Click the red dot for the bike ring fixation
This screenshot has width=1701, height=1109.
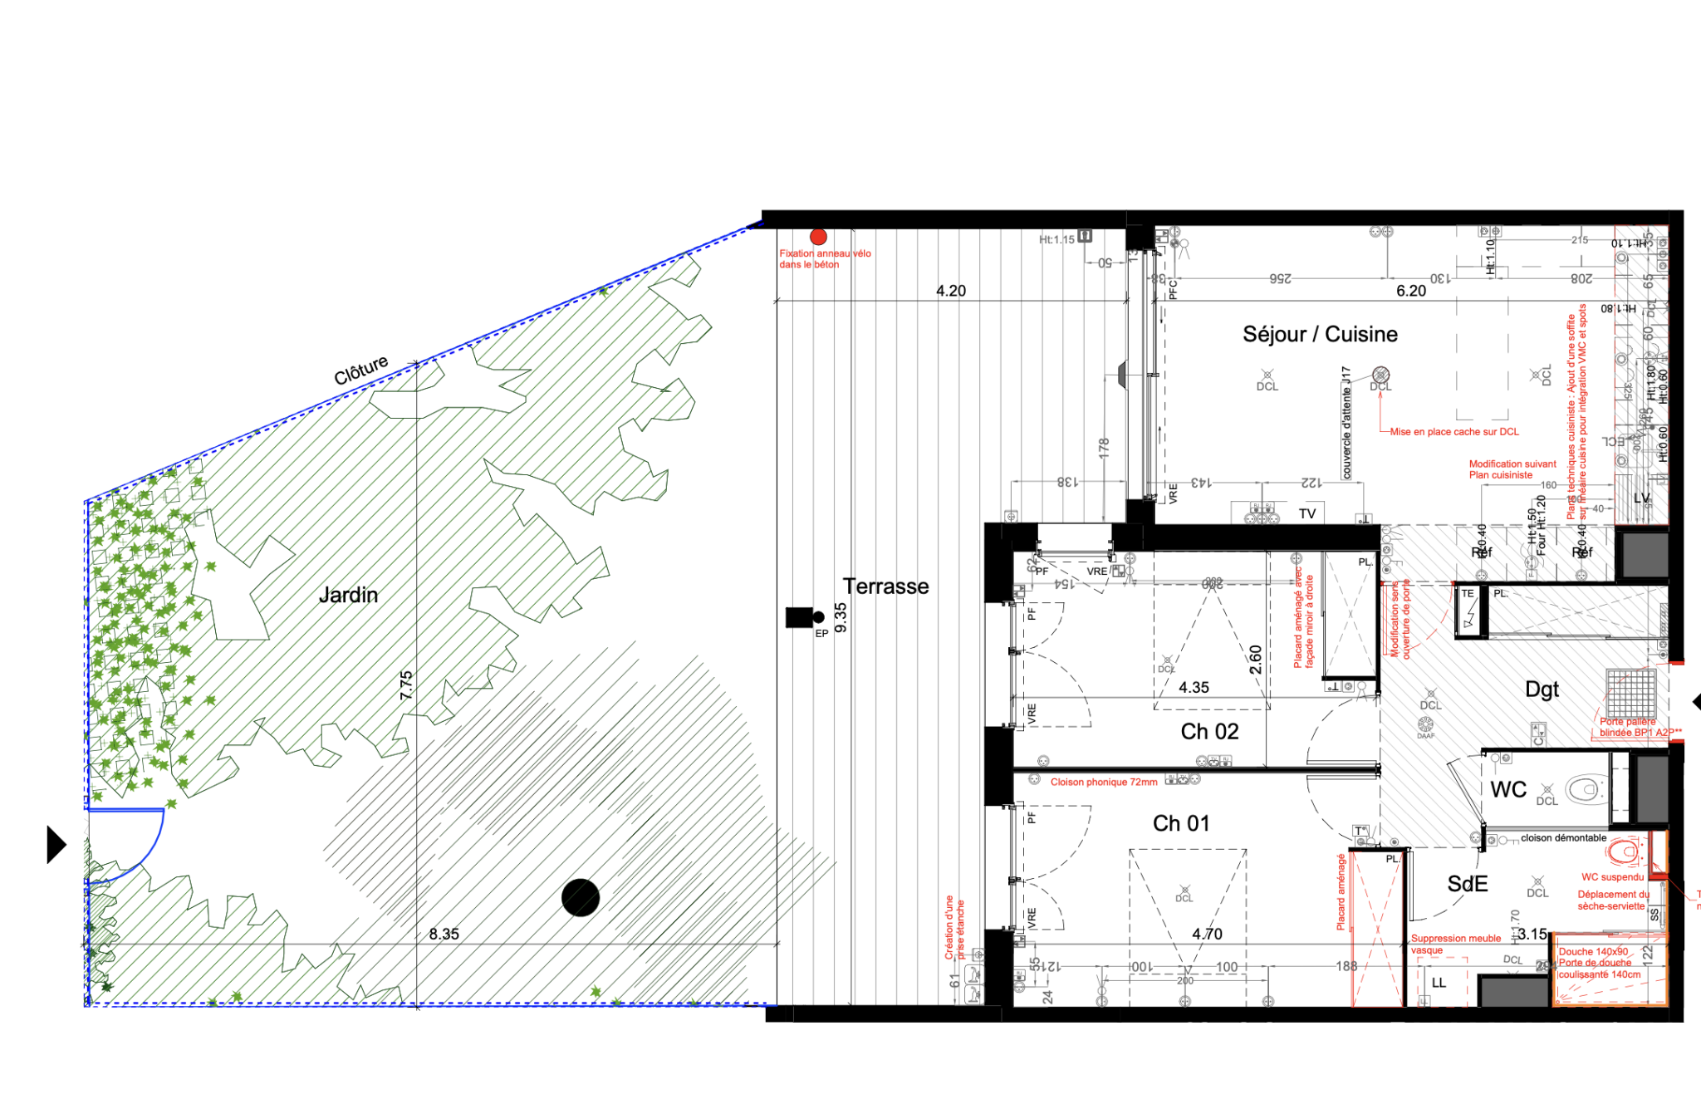(818, 237)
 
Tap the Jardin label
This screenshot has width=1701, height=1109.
(348, 595)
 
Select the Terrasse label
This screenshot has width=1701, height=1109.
(885, 586)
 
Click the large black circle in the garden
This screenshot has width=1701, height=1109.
(581, 897)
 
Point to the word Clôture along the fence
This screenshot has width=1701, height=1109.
(360, 370)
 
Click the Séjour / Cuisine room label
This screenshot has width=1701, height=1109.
(1320, 334)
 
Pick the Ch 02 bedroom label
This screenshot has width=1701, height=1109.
(1209, 731)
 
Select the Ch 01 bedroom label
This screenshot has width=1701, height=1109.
(1180, 823)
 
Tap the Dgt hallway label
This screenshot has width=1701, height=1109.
(1542, 689)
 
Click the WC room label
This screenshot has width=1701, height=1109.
(1508, 789)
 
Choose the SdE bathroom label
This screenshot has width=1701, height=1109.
(1467, 884)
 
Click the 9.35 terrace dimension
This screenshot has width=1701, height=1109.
(841, 617)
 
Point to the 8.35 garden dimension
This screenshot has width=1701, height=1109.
(444, 934)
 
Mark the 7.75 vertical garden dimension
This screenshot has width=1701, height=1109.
(405, 685)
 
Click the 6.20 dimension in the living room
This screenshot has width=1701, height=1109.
(1410, 291)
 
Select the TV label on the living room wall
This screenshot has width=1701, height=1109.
(1307, 513)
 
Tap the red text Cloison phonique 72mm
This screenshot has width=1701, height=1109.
(1103, 782)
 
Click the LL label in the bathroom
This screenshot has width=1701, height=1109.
(1439, 982)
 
